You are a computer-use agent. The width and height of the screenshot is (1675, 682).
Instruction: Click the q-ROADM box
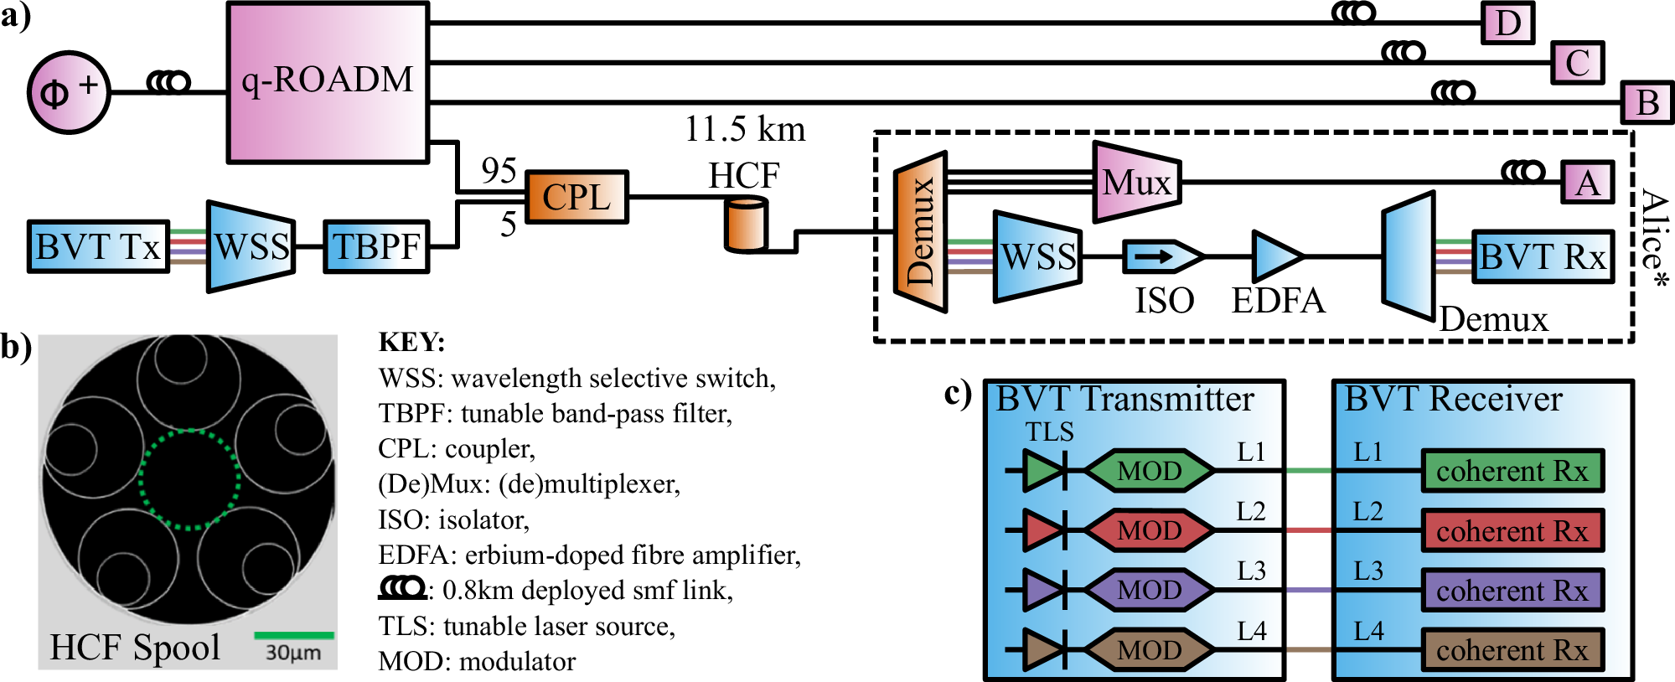point(328,81)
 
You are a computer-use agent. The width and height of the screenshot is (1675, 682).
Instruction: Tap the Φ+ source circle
point(69,92)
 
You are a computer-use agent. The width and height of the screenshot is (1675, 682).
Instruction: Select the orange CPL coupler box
point(576,198)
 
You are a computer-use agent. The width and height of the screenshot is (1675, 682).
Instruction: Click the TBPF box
point(376,246)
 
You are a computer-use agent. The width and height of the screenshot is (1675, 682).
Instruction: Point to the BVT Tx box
point(98,246)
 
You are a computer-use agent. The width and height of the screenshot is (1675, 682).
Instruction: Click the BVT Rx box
point(1542,256)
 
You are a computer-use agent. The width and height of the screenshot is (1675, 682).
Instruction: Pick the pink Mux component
point(1136,182)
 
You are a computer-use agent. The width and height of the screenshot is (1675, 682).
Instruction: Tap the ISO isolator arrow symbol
point(1161,256)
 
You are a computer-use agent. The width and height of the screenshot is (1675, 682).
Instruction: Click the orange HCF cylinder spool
point(745,225)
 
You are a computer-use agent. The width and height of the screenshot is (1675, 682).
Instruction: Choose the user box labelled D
point(1507,23)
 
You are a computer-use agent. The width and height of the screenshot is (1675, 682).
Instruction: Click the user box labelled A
point(1587,182)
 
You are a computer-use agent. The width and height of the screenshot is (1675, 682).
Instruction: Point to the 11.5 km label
point(745,129)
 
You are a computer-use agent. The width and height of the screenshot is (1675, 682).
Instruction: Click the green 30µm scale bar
point(293,635)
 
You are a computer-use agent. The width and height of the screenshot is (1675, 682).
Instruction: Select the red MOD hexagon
point(1149,530)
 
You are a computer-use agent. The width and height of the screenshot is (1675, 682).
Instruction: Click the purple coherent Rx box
point(1512,591)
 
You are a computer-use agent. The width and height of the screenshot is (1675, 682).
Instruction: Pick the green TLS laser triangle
point(1042,471)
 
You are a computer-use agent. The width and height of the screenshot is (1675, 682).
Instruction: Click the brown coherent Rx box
point(1512,650)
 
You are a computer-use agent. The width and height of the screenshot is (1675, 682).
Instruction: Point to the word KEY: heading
point(411,342)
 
